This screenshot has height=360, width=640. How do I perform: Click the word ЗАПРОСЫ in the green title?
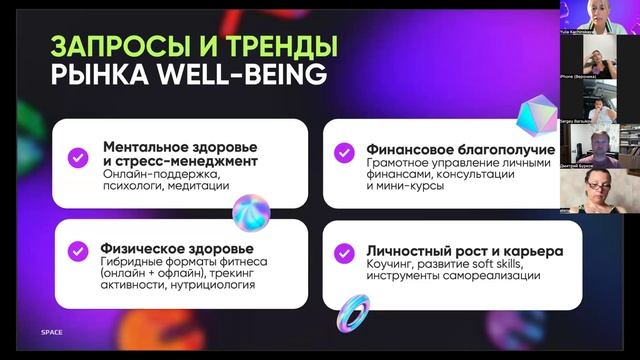pos(106,46)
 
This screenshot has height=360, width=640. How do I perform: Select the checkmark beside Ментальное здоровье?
pos(76,158)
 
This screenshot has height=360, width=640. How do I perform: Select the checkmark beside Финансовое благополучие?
pos(343,152)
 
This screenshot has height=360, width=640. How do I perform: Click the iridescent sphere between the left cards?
pos(251,213)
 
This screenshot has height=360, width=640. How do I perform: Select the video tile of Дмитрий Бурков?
pos(599,151)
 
